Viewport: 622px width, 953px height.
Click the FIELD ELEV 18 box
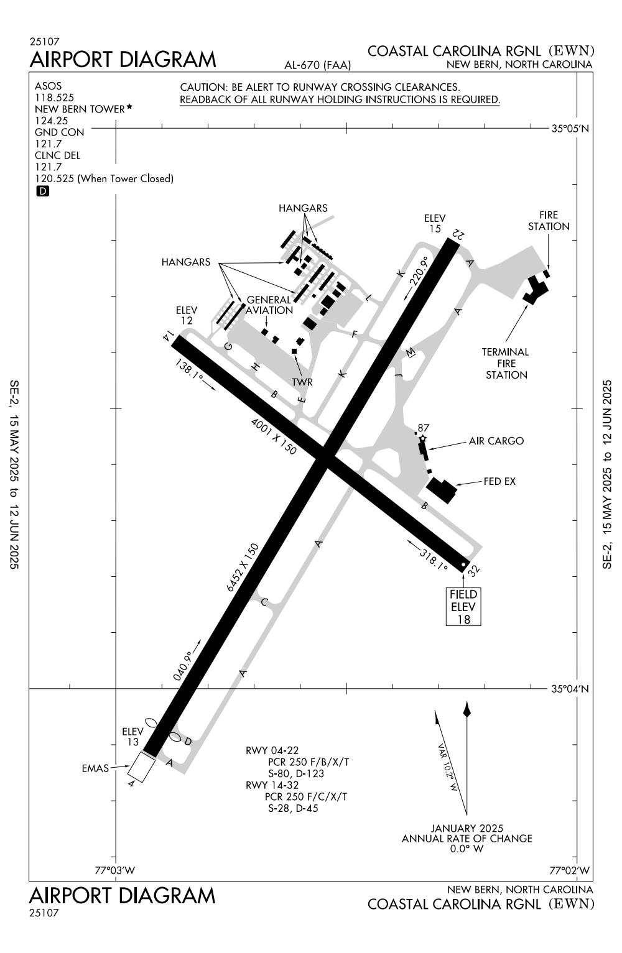pyautogui.click(x=463, y=607)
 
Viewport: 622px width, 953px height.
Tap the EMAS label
pyautogui.click(x=95, y=768)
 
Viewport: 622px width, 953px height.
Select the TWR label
pyautogui.click(x=302, y=382)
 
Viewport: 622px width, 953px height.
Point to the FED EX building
pyautogui.click(x=442, y=489)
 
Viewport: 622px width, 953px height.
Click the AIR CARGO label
pyautogui.click(x=496, y=441)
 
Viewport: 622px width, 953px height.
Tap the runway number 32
pyautogui.click(x=474, y=569)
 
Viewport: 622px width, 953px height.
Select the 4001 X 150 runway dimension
pyautogui.click(x=274, y=436)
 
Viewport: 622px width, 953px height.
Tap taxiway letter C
pyautogui.click(x=264, y=602)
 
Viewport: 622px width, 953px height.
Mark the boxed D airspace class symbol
pyautogui.click(x=42, y=191)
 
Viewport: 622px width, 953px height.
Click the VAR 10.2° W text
pyautogui.click(x=447, y=767)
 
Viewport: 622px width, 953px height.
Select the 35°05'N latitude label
pyautogui.click(x=570, y=129)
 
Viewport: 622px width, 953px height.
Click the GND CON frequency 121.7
pyautogui.click(x=48, y=144)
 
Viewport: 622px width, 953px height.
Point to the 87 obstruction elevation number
pyautogui.click(x=424, y=428)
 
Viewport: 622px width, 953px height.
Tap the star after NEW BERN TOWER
pyautogui.click(x=129, y=107)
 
